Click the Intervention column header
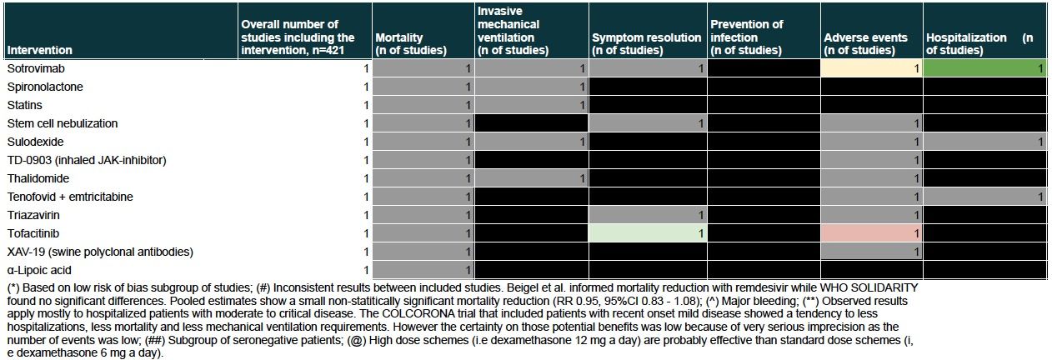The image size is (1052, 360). pos(39,50)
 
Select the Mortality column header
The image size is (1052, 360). pos(411,43)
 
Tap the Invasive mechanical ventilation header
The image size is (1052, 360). pos(513,31)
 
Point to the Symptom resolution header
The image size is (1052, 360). pos(646,43)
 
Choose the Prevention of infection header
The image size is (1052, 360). pos(746,37)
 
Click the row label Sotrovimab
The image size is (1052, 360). pos(36,68)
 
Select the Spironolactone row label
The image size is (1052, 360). pos(45,87)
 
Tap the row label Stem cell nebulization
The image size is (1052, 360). pos(62,123)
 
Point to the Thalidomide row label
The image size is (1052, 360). pos(38,178)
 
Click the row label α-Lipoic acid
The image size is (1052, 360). pos(39,270)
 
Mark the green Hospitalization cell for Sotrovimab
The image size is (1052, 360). pos(984,68)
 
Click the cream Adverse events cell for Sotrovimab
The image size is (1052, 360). pos(872,68)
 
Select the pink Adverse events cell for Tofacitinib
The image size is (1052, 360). pos(872,233)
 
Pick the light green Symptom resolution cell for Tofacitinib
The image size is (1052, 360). pos(648,233)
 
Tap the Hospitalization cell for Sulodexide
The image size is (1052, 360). pos(984,142)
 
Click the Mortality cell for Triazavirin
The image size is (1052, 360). pos(423,215)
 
